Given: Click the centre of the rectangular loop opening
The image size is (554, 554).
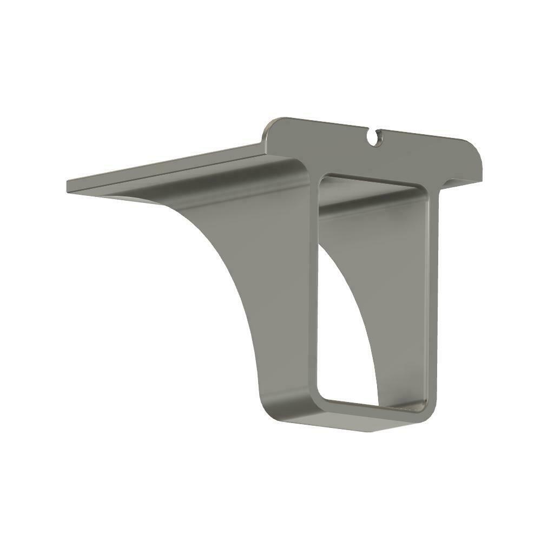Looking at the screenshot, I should pyautogui.click(x=373, y=292).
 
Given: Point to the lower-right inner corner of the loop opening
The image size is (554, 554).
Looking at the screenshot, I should pyautogui.click(x=424, y=407).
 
